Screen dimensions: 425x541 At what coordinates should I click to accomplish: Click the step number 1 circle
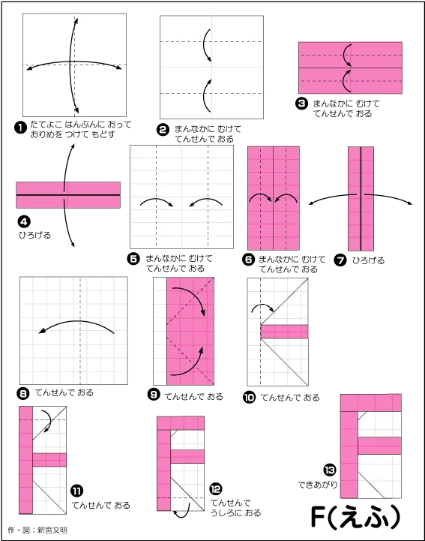tap(20, 128)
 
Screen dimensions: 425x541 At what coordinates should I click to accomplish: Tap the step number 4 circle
tap(24, 221)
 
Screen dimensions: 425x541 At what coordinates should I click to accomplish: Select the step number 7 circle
tap(340, 260)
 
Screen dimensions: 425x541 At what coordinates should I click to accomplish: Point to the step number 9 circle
tap(154, 394)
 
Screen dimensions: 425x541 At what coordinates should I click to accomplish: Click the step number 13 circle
tap(330, 470)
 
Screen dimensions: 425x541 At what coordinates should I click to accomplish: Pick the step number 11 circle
tap(76, 491)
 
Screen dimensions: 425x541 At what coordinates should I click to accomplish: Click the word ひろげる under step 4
tap(34, 236)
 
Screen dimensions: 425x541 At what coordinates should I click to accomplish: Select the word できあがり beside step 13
tap(318, 485)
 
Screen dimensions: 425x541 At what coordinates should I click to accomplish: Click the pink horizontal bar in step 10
tap(284, 332)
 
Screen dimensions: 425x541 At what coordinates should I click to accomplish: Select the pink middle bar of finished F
tap(379, 446)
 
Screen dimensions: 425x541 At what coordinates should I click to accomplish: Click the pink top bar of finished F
tap(371, 403)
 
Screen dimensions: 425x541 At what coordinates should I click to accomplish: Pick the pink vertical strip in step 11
tap(25, 460)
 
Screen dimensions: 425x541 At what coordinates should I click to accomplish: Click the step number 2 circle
tap(163, 130)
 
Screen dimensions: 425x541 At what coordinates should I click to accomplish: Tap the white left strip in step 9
tap(160, 331)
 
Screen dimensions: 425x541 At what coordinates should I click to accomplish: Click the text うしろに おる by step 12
tap(236, 513)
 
